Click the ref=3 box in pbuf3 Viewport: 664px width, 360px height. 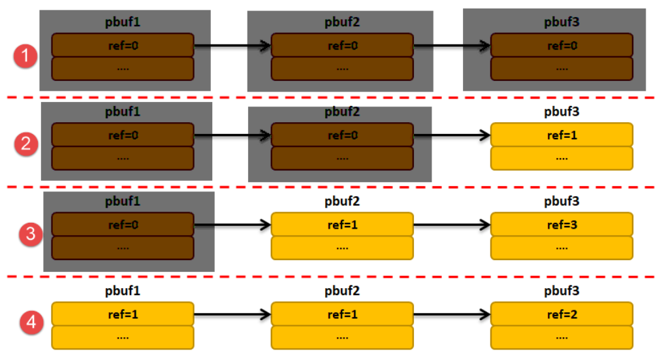coord(561,225)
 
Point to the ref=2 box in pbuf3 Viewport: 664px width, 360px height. coord(561,314)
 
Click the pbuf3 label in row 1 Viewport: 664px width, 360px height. coord(561,22)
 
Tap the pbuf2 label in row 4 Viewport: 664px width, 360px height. coord(342,291)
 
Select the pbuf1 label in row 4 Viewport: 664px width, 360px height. coord(123,291)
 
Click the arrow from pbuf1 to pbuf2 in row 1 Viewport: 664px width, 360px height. coord(232,46)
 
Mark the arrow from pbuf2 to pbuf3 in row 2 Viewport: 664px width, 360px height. coord(452,135)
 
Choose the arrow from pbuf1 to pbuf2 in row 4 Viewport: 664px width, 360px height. coord(232,314)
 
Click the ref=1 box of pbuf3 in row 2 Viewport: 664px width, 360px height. coord(561,135)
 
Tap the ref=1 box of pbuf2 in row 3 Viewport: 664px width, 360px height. coord(342,225)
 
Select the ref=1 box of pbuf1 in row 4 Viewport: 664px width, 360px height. coord(123,314)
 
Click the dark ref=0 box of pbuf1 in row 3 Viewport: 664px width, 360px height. coord(123,225)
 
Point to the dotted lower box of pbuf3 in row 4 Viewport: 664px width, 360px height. coord(561,338)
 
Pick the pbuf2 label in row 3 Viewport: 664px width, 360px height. coord(342,201)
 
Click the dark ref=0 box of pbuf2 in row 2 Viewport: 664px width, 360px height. coord(342,135)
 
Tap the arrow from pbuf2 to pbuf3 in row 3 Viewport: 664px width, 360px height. coord(452,225)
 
